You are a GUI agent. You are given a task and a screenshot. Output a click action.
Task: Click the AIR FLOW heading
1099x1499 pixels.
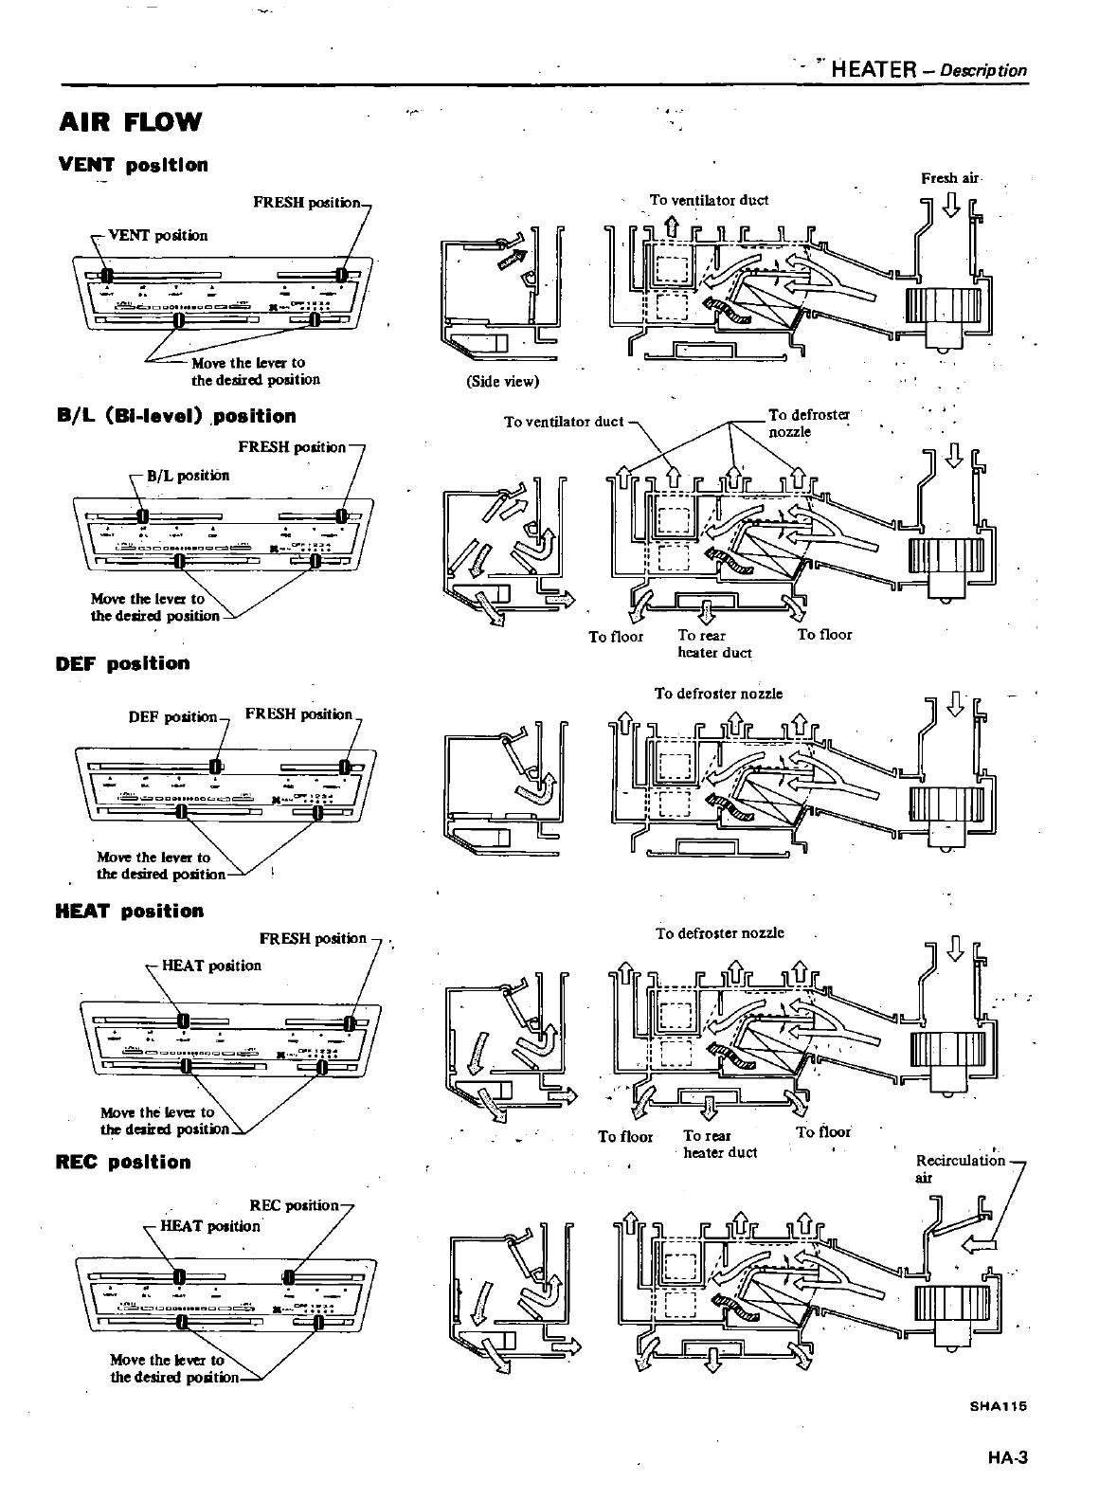[131, 122]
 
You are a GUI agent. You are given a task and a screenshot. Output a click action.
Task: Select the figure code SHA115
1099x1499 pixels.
[998, 1407]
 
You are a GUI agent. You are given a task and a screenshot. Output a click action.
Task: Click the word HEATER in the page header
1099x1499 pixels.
[874, 69]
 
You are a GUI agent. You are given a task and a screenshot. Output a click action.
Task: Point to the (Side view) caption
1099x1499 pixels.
[502, 382]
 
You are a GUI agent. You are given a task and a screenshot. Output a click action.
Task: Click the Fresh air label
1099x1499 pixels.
[950, 178]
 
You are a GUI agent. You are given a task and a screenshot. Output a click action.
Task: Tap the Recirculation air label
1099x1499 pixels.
[960, 1168]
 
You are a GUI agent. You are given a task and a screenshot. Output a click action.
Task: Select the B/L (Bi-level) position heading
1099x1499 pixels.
[176, 416]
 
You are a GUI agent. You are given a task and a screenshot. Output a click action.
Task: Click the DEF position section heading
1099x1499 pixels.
[123, 663]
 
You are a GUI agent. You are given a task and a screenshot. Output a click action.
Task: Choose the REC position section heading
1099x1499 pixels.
[123, 1162]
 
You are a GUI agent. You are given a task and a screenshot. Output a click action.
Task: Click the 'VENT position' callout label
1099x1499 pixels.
[158, 235]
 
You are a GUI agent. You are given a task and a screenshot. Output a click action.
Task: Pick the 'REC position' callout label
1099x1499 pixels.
[294, 1205]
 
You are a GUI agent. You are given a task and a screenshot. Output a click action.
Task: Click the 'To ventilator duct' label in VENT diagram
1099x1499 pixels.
[709, 200]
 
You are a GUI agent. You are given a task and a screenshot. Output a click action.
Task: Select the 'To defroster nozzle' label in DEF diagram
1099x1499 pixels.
[718, 694]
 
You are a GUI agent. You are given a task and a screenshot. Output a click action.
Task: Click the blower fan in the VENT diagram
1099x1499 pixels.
[944, 305]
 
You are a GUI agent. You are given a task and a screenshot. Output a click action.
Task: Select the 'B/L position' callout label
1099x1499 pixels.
[188, 476]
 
